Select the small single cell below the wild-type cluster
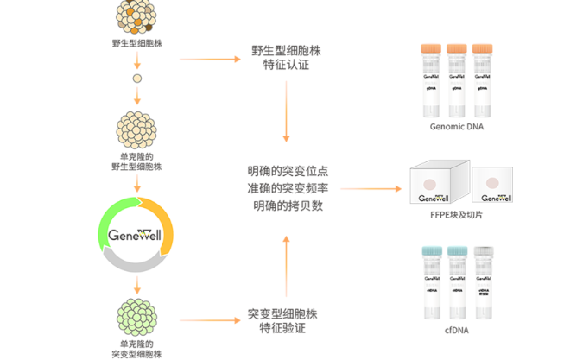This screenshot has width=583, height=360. click(x=136, y=80)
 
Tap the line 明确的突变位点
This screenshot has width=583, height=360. click(x=286, y=169)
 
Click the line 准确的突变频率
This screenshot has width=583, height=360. click(x=286, y=187)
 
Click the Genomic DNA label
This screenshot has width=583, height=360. click(x=456, y=127)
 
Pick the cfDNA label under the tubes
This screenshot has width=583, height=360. click(x=457, y=331)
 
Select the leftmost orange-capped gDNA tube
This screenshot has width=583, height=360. click(x=430, y=79)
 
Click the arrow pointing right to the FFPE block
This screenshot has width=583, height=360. click(x=371, y=188)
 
